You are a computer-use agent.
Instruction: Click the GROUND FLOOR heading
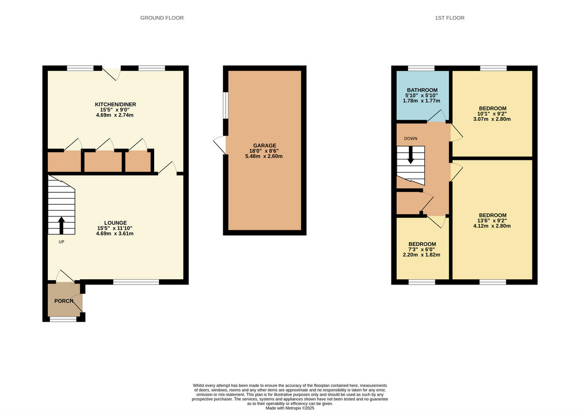[162, 18]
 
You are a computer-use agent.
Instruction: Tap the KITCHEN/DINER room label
[115, 104]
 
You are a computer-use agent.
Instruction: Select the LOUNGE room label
[115, 223]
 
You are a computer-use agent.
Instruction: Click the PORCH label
[64, 301]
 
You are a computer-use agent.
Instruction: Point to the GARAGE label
[264, 145]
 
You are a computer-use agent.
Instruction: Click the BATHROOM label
[422, 90]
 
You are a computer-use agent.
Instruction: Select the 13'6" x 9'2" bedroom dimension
[493, 221]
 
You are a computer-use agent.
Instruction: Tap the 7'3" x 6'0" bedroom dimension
[422, 249]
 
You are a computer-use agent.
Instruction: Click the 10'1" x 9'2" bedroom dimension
[493, 114]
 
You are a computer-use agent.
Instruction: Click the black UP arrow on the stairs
[61, 226]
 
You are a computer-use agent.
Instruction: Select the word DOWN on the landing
[411, 139]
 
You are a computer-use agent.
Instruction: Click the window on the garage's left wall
[225, 104]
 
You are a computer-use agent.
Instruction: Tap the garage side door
[220, 145]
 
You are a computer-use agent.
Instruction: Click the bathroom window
[421, 68]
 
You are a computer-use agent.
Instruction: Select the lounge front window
[136, 282]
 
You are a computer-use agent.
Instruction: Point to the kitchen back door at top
[114, 73]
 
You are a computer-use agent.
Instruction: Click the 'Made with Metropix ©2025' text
[290, 408]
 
